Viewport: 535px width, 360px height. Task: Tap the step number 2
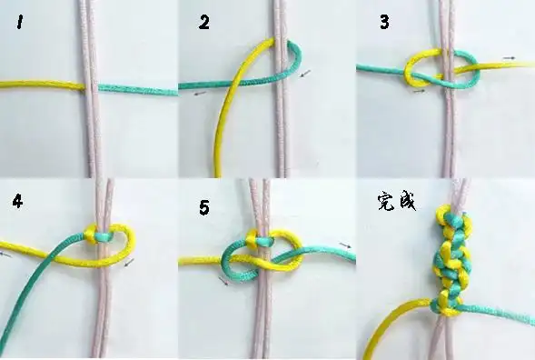coord(203,23)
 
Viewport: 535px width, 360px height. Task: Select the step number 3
coord(384,22)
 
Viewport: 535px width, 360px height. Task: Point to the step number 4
coord(17,201)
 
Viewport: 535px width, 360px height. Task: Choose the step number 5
coord(204,208)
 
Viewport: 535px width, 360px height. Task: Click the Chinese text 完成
coord(395,201)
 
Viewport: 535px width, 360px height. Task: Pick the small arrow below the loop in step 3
coord(419,90)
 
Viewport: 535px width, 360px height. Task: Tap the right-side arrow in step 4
coord(129,263)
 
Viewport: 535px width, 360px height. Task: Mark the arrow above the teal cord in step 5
coord(345,245)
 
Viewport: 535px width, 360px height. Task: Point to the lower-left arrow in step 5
coord(223,282)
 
